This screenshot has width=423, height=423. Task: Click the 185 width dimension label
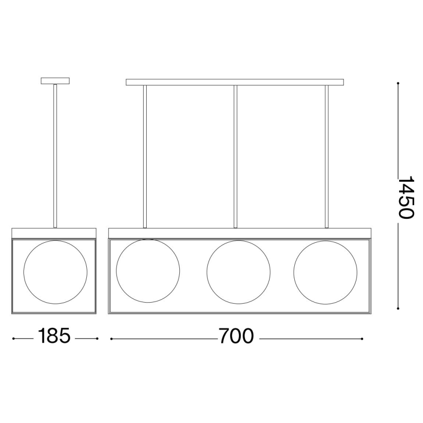(x=55, y=336)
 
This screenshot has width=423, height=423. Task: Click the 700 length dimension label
(x=236, y=336)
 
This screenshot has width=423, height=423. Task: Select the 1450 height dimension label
(x=405, y=196)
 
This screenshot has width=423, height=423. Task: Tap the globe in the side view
(x=56, y=270)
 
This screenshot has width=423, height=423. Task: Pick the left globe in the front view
(x=148, y=270)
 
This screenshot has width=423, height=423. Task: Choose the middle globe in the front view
(x=238, y=270)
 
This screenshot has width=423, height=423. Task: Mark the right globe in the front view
(x=325, y=270)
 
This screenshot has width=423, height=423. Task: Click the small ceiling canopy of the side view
(x=56, y=81)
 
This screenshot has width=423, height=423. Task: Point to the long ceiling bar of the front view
(x=235, y=82)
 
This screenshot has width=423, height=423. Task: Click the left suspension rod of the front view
(x=145, y=156)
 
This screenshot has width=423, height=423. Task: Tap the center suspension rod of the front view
(x=235, y=156)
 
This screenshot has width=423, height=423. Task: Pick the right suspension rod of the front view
(x=327, y=156)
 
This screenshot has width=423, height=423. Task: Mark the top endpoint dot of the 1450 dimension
(x=398, y=83)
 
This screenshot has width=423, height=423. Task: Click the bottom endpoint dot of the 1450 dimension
(x=398, y=308)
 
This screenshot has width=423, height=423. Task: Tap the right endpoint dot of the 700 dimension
(x=362, y=338)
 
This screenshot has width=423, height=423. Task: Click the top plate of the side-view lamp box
(x=55, y=232)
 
